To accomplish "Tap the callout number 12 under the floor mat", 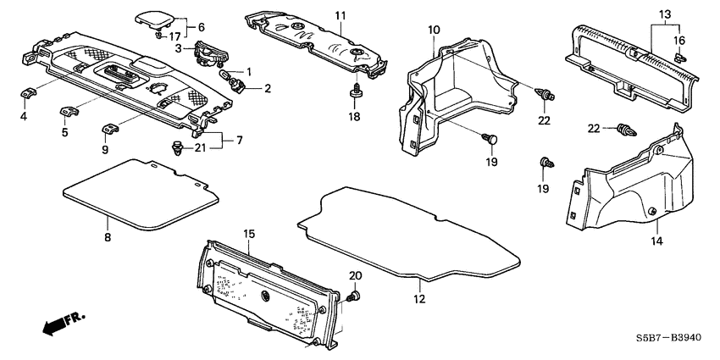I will tap(419, 298).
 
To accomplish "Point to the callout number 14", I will tap(657, 241).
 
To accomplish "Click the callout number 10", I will tap(433, 30).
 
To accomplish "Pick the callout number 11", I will tap(340, 16).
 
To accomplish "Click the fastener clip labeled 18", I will tap(357, 89).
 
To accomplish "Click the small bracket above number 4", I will tap(25, 92).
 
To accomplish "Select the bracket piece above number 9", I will tap(107, 129).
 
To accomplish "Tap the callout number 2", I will tap(268, 87).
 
